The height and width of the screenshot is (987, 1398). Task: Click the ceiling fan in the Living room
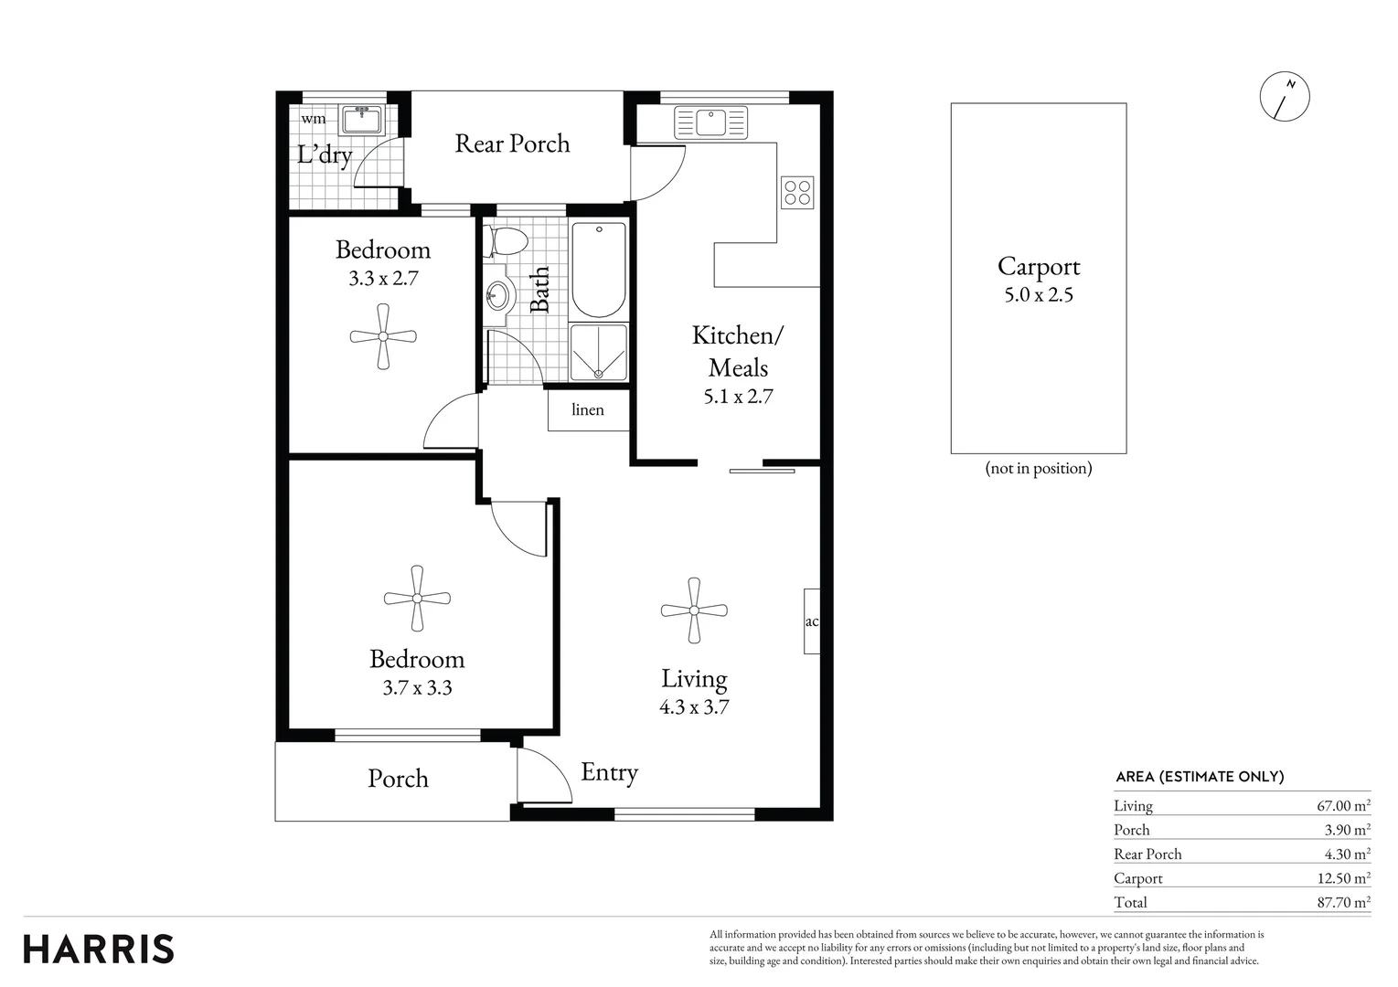(x=694, y=610)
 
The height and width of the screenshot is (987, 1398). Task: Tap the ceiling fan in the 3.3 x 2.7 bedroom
(x=383, y=336)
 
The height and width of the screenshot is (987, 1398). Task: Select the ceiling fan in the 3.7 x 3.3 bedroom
(x=417, y=599)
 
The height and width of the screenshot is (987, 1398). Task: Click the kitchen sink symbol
(x=710, y=122)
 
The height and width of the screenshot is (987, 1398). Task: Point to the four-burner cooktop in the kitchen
(x=797, y=192)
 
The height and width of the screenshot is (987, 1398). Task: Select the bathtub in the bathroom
(x=599, y=269)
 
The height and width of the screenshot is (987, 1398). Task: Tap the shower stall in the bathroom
(x=599, y=352)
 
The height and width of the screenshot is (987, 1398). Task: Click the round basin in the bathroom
(x=497, y=294)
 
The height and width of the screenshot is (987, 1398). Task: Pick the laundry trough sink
(x=363, y=120)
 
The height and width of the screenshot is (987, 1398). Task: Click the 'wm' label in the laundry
(x=314, y=119)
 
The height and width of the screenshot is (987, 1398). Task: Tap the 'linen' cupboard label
(x=588, y=409)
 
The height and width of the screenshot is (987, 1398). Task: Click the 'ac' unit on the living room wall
(x=811, y=621)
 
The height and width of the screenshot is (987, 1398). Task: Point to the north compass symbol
(x=1285, y=95)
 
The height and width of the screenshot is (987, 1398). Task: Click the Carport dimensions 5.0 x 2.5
(x=1038, y=295)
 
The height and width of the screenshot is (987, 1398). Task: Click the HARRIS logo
(x=99, y=949)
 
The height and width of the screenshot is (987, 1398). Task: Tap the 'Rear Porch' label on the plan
(x=512, y=143)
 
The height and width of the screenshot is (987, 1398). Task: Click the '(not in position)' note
(x=1038, y=469)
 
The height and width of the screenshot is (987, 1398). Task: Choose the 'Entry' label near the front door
(x=609, y=772)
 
